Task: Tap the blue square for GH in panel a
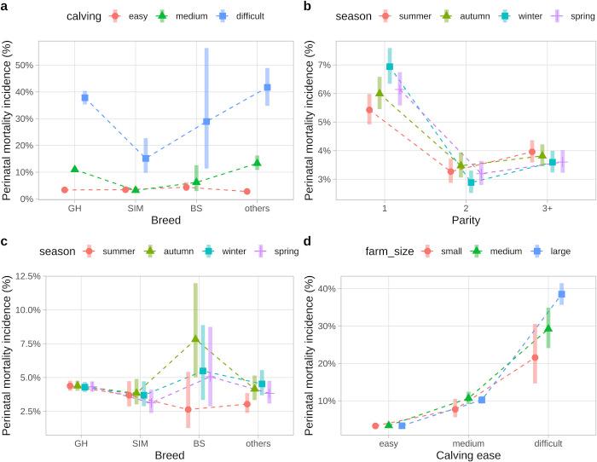tap(84, 98)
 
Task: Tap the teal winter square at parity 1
tap(390, 66)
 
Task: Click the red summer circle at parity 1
tap(369, 109)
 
